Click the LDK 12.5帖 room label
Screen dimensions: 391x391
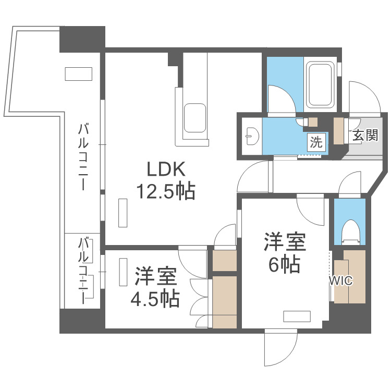(x=165, y=180)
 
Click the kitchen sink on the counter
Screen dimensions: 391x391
(x=195, y=117)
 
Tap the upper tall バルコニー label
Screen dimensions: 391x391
(x=83, y=156)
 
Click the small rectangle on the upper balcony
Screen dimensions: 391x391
(x=78, y=74)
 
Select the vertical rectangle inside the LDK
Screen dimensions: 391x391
(x=123, y=213)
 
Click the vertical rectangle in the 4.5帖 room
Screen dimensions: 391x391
(x=123, y=272)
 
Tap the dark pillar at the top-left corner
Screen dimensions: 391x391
(x=82, y=39)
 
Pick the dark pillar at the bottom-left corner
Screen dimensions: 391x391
(x=82, y=321)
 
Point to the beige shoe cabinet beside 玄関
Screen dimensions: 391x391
(x=339, y=132)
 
